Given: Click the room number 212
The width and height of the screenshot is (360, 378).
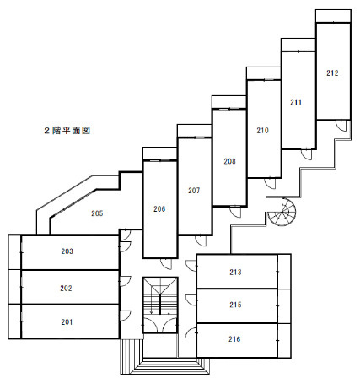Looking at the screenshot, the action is point(332,73).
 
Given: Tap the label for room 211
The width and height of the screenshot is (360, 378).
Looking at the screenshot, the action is point(296,102).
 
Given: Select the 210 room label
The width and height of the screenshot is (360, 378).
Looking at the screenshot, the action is point(262,131).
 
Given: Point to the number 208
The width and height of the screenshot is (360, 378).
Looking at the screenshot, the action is point(229,161).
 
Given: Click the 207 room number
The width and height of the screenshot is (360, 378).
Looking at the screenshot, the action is point(194,191).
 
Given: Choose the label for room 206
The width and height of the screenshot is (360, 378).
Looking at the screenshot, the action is point(159,209).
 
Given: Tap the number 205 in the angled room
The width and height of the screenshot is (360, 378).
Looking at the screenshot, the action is point(97,213).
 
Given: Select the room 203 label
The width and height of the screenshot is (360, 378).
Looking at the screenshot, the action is point(67,251).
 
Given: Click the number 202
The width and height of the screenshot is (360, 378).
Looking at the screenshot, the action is point(66,289).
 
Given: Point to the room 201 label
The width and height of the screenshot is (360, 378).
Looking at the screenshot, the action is point(67,322).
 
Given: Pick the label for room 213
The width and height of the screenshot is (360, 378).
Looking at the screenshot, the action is point(235,272).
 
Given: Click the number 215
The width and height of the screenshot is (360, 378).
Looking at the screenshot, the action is point(235,305).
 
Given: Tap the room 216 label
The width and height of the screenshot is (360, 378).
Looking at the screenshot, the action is point(234,339).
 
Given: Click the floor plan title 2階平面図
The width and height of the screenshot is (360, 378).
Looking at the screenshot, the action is point(67,131).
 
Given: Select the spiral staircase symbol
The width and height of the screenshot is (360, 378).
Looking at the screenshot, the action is point(282,212).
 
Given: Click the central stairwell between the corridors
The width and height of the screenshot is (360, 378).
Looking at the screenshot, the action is point(160,305).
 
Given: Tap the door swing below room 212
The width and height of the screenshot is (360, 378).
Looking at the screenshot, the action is point(341,126).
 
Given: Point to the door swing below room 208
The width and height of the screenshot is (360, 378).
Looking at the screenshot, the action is point(235,212).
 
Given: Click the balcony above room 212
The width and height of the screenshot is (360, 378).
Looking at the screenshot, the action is point(333,16).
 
